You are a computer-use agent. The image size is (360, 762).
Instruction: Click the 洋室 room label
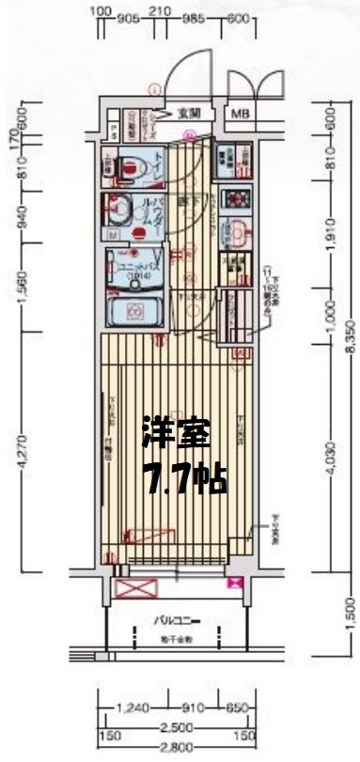175,433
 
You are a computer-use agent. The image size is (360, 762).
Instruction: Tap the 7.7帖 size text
183,480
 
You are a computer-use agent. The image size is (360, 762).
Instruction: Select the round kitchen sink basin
237,230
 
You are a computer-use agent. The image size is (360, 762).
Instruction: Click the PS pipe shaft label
113,130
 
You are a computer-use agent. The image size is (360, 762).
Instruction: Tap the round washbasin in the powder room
120,207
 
